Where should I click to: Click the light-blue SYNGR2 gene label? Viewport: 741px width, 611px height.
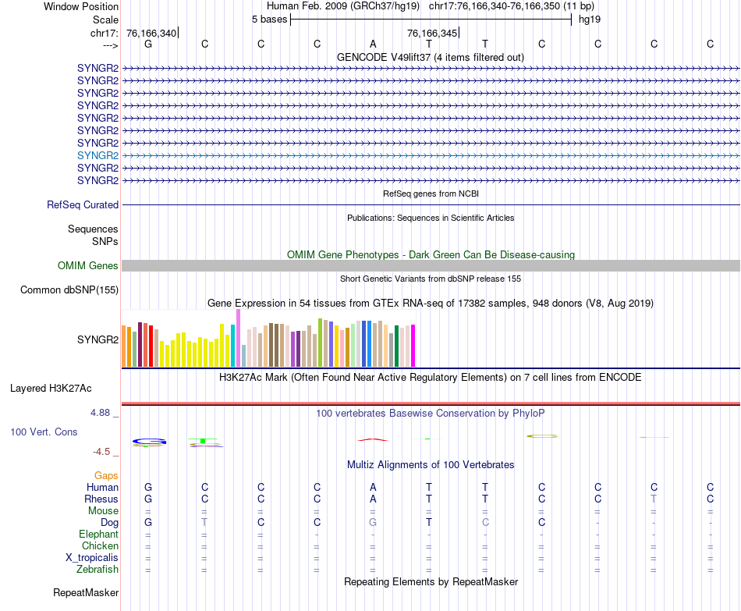click(x=97, y=155)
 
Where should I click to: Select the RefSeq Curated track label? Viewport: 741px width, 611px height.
click(x=83, y=205)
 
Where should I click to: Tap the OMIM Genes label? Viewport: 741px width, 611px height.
click(x=87, y=266)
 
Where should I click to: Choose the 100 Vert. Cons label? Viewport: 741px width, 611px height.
click(x=44, y=432)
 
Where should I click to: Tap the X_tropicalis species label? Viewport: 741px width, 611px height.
click(x=92, y=558)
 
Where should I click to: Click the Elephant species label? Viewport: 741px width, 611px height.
click(x=98, y=535)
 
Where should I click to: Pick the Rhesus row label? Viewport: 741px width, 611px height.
click(x=101, y=499)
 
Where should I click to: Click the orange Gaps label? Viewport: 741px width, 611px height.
click(x=106, y=475)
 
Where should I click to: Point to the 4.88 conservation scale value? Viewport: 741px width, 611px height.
click(x=104, y=412)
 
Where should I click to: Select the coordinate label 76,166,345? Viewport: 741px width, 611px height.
click(x=431, y=33)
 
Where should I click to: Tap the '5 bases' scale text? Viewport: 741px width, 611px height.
click(x=269, y=20)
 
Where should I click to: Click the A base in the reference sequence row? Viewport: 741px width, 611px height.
click(x=373, y=44)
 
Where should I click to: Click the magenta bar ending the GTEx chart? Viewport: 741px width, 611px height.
click(x=412, y=346)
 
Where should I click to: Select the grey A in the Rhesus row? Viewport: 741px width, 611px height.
click(x=373, y=499)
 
